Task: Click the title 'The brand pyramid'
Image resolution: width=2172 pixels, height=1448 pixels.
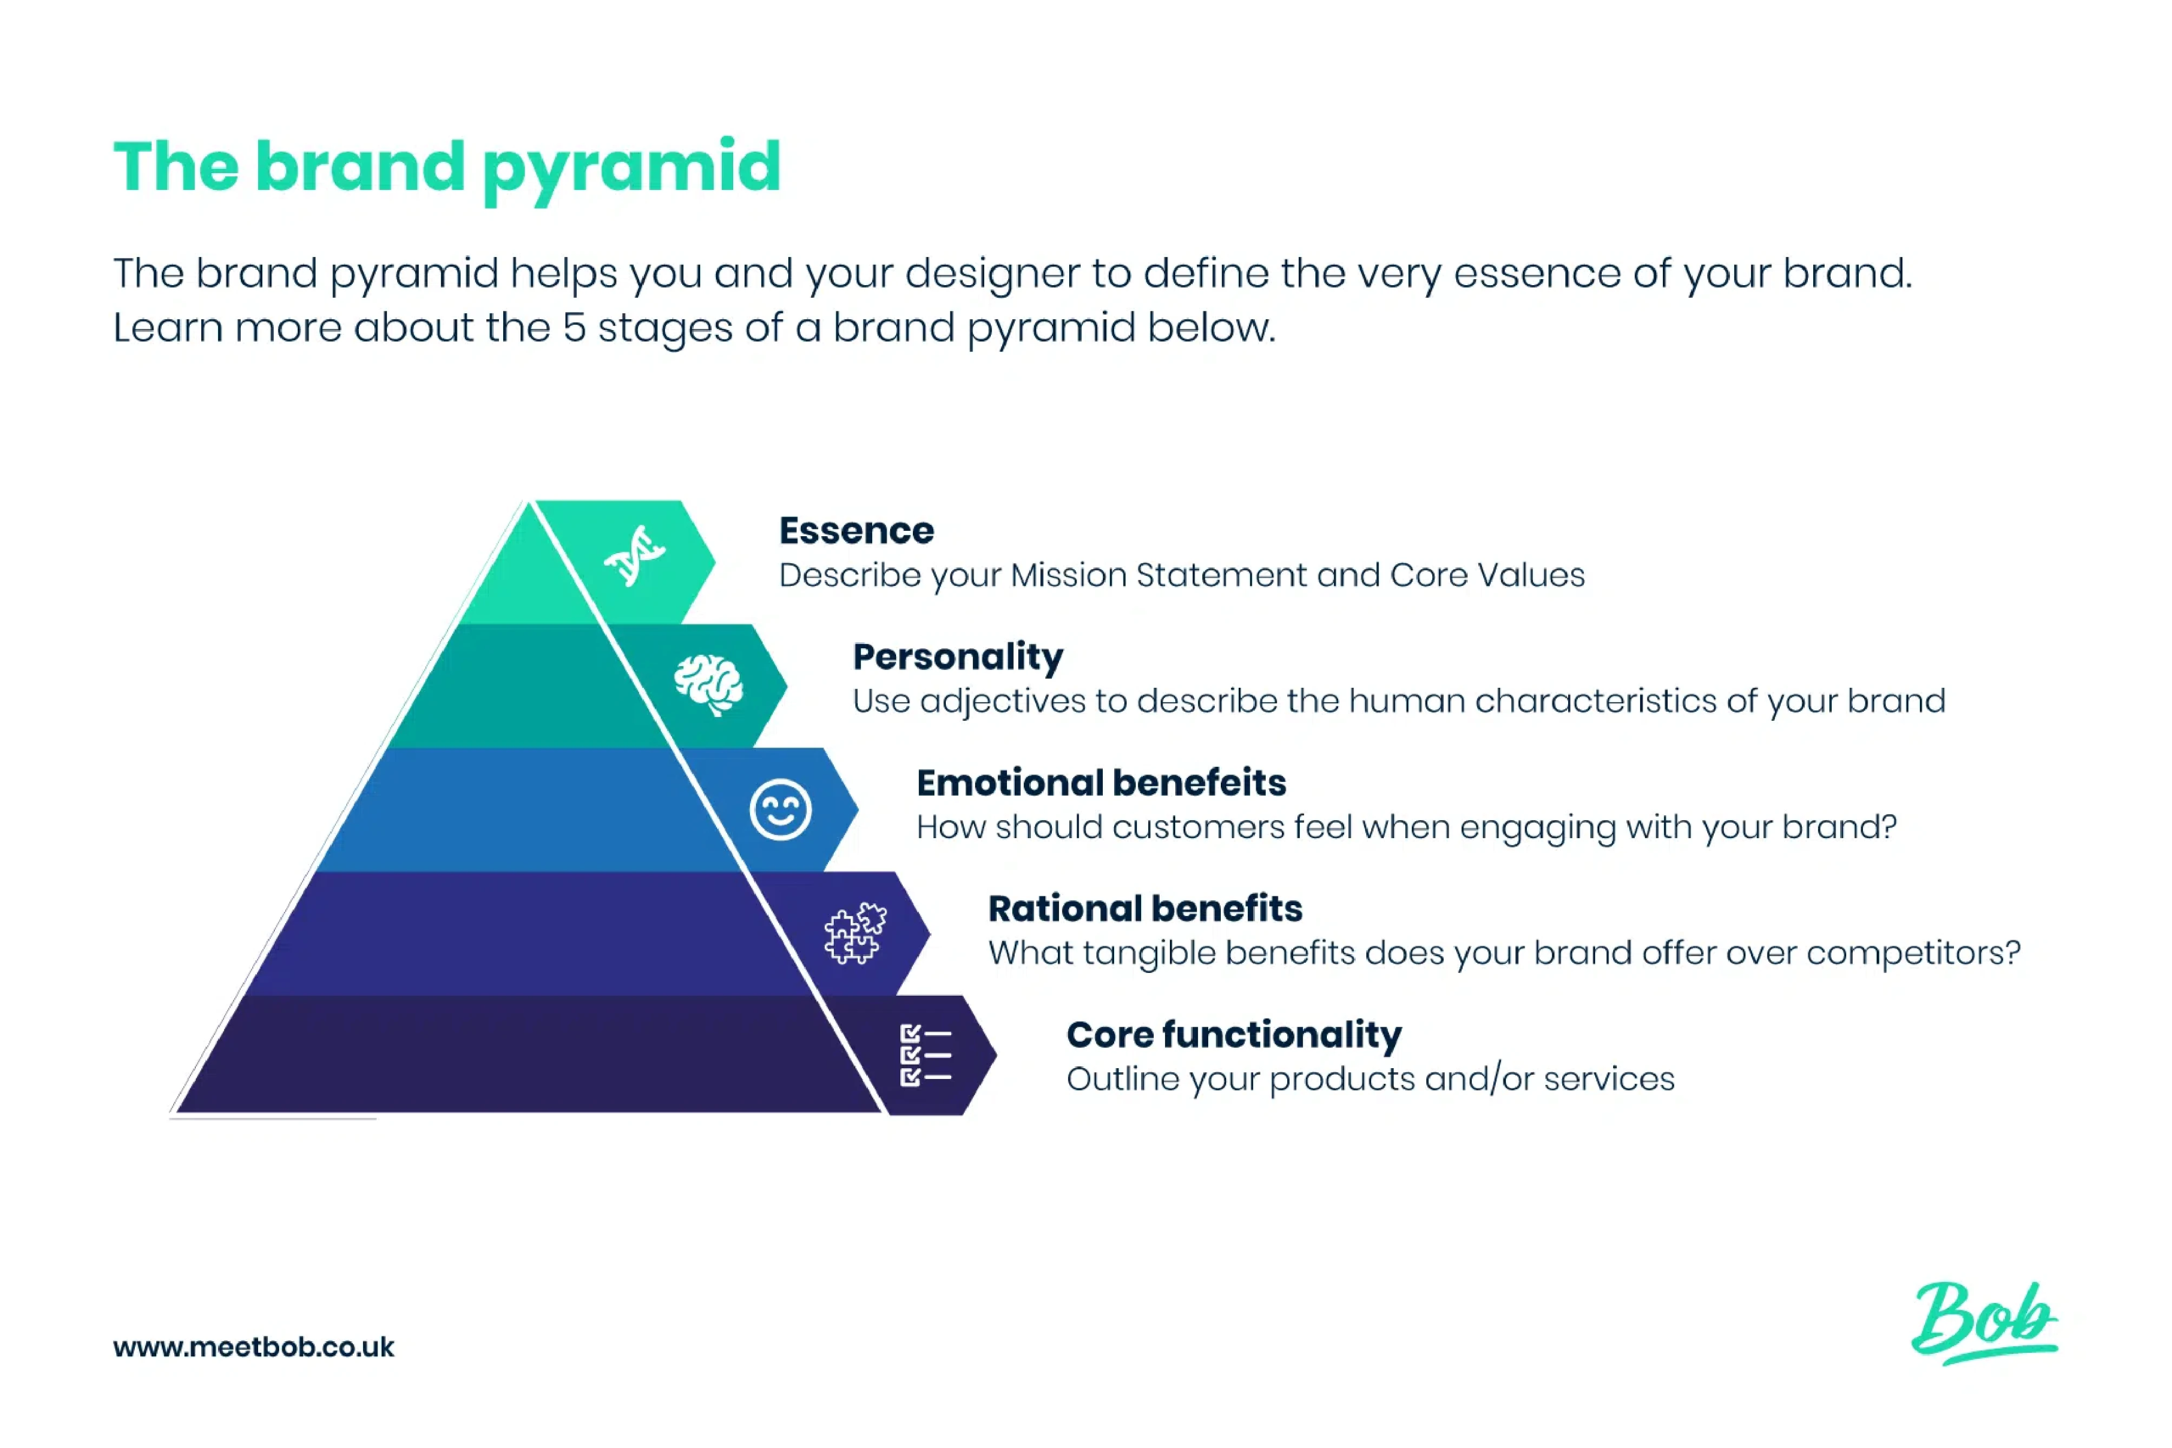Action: [x=447, y=168]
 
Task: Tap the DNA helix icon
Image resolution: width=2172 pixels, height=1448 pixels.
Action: [x=635, y=556]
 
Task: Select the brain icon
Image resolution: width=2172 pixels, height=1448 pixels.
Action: [x=708, y=685]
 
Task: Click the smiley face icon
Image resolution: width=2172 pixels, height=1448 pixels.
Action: [x=781, y=810]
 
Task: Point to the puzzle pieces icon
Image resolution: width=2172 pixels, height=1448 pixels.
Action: [x=855, y=934]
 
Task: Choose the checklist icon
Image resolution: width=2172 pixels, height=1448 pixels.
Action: [x=925, y=1054]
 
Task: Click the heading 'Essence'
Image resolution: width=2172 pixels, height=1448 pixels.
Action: [x=856, y=531]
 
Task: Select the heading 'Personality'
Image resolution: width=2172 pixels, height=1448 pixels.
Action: [x=958, y=657]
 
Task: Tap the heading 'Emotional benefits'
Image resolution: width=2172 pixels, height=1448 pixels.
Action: [x=1100, y=783]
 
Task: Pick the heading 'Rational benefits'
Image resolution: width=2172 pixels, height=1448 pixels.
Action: [x=1145, y=908]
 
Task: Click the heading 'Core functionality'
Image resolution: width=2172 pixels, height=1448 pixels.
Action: [x=1234, y=1034]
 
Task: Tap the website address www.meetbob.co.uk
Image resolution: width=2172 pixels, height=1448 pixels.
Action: [x=254, y=1347]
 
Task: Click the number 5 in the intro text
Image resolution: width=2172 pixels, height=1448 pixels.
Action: [x=574, y=327]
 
